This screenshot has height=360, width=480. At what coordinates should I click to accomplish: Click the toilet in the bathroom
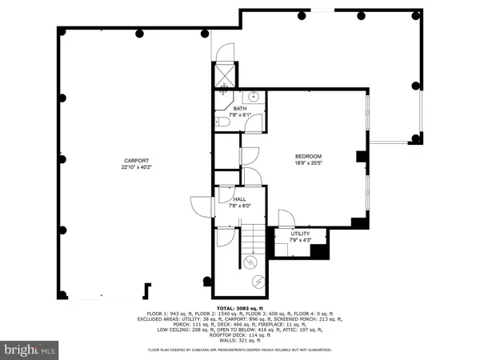[x=222, y=122]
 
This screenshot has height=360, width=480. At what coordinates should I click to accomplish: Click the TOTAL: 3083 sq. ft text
[x=239, y=307]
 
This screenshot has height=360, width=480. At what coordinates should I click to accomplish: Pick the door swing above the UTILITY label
[x=285, y=218]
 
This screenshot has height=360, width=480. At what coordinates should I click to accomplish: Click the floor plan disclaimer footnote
[x=239, y=350]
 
